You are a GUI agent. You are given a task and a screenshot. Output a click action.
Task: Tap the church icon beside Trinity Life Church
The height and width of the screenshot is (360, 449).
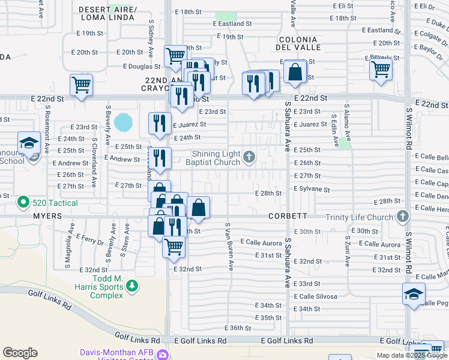pyautogui.click(x=402, y=216)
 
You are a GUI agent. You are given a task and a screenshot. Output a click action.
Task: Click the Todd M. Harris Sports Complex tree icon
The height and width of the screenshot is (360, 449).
pyautogui.click(x=131, y=287)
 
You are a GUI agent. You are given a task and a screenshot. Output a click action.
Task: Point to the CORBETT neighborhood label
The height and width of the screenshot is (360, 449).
pyautogui.click(x=289, y=216)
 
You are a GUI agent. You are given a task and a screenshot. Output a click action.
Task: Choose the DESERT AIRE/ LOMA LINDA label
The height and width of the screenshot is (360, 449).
pyautogui.click(x=108, y=14)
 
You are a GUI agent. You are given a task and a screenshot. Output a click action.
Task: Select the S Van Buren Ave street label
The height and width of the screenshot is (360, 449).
pyautogui.click(x=229, y=247)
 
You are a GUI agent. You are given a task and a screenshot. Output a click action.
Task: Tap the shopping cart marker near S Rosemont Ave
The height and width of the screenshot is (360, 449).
pyautogui.click(x=81, y=85)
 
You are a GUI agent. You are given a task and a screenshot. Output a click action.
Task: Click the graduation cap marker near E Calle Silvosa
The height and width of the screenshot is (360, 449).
pyautogui.click(x=414, y=294)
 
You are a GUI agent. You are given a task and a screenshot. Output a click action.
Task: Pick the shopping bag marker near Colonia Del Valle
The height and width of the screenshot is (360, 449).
pyautogui.click(x=295, y=71)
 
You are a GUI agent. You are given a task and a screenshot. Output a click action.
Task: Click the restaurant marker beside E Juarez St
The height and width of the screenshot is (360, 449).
pyautogui.click(x=160, y=124)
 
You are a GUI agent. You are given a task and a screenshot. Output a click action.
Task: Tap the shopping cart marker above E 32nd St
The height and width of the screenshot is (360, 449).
pyautogui.click(x=173, y=245)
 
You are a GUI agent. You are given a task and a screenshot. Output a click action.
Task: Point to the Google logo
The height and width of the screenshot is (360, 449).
pyautogui.click(x=20, y=353)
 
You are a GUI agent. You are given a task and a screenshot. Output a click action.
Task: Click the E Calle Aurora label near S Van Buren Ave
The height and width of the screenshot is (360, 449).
pyautogui.click(x=261, y=242)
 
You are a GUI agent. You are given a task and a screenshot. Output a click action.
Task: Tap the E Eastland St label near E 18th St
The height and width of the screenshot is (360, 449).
pyautogui.click(x=232, y=23)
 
